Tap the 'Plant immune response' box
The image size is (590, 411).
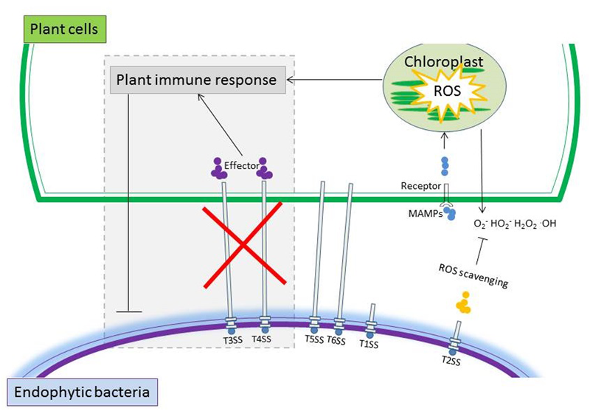point(197,80)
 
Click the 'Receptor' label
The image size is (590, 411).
point(421,187)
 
